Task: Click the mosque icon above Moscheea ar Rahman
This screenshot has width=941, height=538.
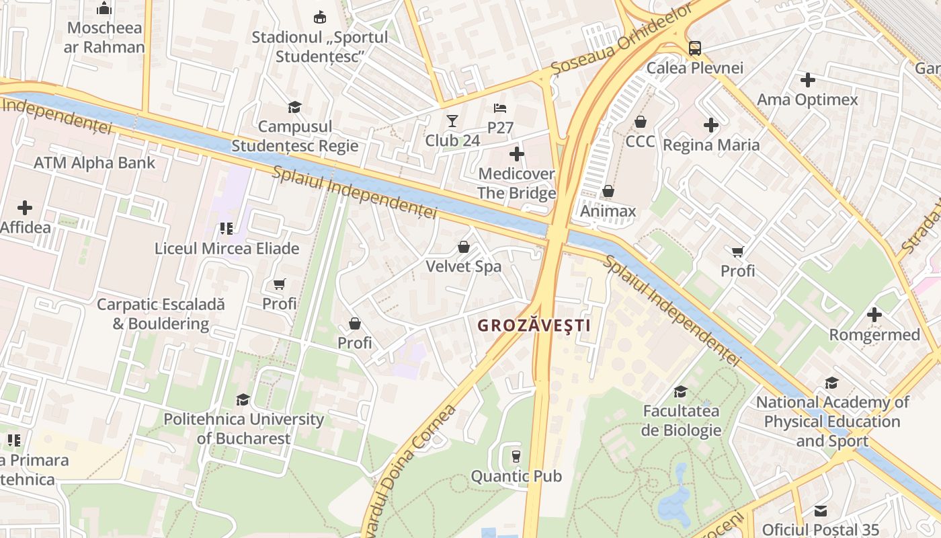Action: tap(104, 8)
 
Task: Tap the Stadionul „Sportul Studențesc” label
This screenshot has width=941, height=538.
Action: tap(320, 46)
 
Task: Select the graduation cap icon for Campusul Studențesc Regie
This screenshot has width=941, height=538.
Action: tap(294, 107)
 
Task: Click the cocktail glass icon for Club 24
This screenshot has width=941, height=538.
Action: tap(452, 121)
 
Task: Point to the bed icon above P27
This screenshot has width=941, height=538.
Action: tap(500, 108)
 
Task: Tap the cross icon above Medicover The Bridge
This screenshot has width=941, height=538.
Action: tap(516, 154)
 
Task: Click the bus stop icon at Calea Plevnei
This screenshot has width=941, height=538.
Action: tap(694, 48)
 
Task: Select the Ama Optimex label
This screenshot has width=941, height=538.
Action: tap(807, 100)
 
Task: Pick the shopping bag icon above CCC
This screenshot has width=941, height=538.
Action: tap(641, 122)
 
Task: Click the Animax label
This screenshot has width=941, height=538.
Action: tap(608, 211)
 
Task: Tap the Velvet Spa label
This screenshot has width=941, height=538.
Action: tap(463, 266)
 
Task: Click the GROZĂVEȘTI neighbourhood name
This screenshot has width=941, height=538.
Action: tap(534, 325)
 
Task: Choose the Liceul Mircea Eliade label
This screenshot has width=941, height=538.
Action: tap(227, 248)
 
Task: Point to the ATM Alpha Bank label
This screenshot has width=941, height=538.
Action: tap(94, 163)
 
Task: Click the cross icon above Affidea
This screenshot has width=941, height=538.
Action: tap(25, 208)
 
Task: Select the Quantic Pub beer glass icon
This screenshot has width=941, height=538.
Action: tap(516, 457)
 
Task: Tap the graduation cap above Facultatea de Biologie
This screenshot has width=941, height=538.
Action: tap(681, 391)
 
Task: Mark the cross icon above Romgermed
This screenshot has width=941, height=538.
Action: tap(874, 315)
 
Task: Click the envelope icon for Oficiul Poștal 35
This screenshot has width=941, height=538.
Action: tap(820, 510)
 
